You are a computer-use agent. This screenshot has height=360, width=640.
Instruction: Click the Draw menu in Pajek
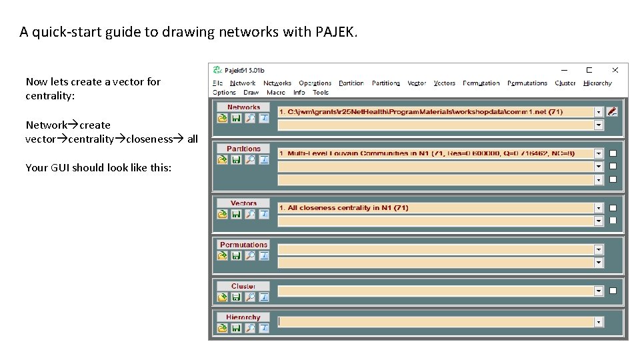(251, 93)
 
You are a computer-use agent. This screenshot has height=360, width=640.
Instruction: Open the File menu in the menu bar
(217, 83)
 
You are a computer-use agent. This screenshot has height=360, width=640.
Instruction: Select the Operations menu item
(315, 83)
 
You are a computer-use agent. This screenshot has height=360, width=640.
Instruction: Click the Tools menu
(321, 93)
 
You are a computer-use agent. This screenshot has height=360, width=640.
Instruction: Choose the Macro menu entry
(275, 93)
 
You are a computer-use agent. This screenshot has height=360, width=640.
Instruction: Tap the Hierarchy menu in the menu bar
(597, 83)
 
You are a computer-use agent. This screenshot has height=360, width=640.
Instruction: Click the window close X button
(615, 70)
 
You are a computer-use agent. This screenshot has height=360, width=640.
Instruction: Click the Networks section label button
(243, 107)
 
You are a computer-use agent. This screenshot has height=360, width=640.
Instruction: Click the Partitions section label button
(243, 149)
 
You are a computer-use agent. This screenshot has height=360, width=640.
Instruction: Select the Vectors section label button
(243, 203)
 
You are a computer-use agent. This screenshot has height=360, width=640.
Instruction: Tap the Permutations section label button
(243, 245)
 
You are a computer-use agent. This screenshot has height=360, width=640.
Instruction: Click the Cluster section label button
(243, 286)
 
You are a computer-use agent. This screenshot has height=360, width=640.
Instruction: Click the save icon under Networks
(236, 119)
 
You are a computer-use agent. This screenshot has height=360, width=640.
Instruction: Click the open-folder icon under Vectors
(222, 214)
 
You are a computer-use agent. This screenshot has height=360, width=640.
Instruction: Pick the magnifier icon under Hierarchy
(250, 328)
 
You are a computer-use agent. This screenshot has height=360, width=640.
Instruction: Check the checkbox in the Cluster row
(613, 291)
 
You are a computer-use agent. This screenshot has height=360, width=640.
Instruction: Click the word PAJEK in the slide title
(335, 31)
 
